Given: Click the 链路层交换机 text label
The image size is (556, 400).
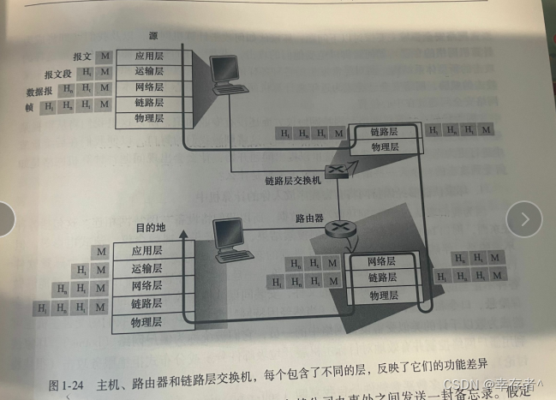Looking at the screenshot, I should (x=292, y=181).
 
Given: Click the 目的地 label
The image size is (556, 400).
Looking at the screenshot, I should (x=152, y=230).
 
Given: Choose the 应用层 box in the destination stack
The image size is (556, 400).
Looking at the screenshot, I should (x=147, y=252).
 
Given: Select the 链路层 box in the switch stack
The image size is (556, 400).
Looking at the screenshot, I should (x=385, y=132).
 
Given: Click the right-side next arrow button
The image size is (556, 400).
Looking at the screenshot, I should (x=523, y=220).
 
